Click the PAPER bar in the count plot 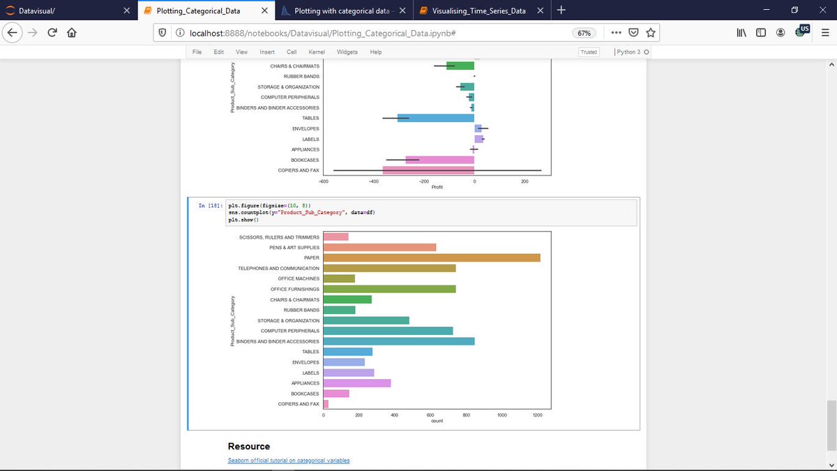point(432,257)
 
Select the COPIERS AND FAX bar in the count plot point(326,404)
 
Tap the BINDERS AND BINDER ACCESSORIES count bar point(399,341)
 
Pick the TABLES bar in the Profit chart point(436,118)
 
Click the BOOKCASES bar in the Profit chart point(440,160)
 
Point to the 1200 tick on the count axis point(536,415)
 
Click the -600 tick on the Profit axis point(323,181)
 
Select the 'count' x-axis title point(437,421)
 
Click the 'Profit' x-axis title point(437,187)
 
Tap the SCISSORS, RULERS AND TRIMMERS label point(279,237)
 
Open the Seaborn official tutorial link point(289,461)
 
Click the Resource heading point(249,447)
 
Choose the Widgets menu point(347,52)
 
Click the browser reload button point(52,33)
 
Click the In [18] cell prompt point(210,205)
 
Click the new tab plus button point(561,10)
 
